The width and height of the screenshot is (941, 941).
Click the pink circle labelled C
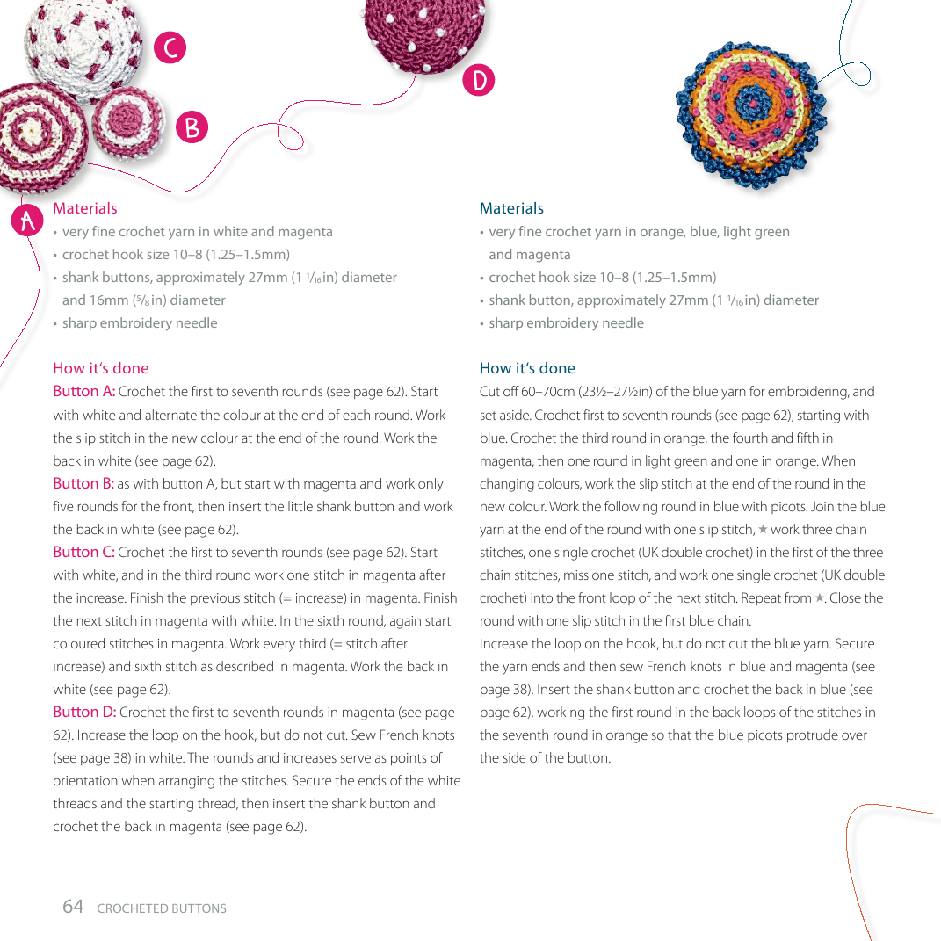pyautogui.click(x=170, y=47)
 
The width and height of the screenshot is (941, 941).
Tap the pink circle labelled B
pyautogui.click(x=192, y=127)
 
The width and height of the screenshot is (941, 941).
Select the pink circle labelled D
pyautogui.click(x=479, y=80)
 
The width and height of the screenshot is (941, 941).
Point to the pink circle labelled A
pyautogui.click(x=28, y=221)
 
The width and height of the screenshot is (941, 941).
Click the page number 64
pyautogui.click(x=73, y=907)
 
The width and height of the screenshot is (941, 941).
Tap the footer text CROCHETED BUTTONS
pyautogui.click(x=162, y=908)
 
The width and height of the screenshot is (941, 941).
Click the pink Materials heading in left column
pyautogui.click(x=85, y=208)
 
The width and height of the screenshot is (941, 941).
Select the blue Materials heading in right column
pyautogui.click(x=511, y=208)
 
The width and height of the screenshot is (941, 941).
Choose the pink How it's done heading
pyautogui.click(x=101, y=368)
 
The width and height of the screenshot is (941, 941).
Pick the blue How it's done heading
pyautogui.click(x=527, y=368)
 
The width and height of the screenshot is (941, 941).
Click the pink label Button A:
pyautogui.click(x=84, y=392)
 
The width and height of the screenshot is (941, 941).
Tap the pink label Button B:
pyautogui.click(x=84, y=483)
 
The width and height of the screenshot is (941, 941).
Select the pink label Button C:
pyautogui.click(x=84, y=552)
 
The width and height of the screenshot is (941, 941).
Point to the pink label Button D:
pyautogui.click(x=84, y=712)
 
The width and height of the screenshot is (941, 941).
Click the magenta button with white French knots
pyautogui.click(x=422, y=31)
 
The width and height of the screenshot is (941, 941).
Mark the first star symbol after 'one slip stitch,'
pyautogui.click(x=763, y=530)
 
